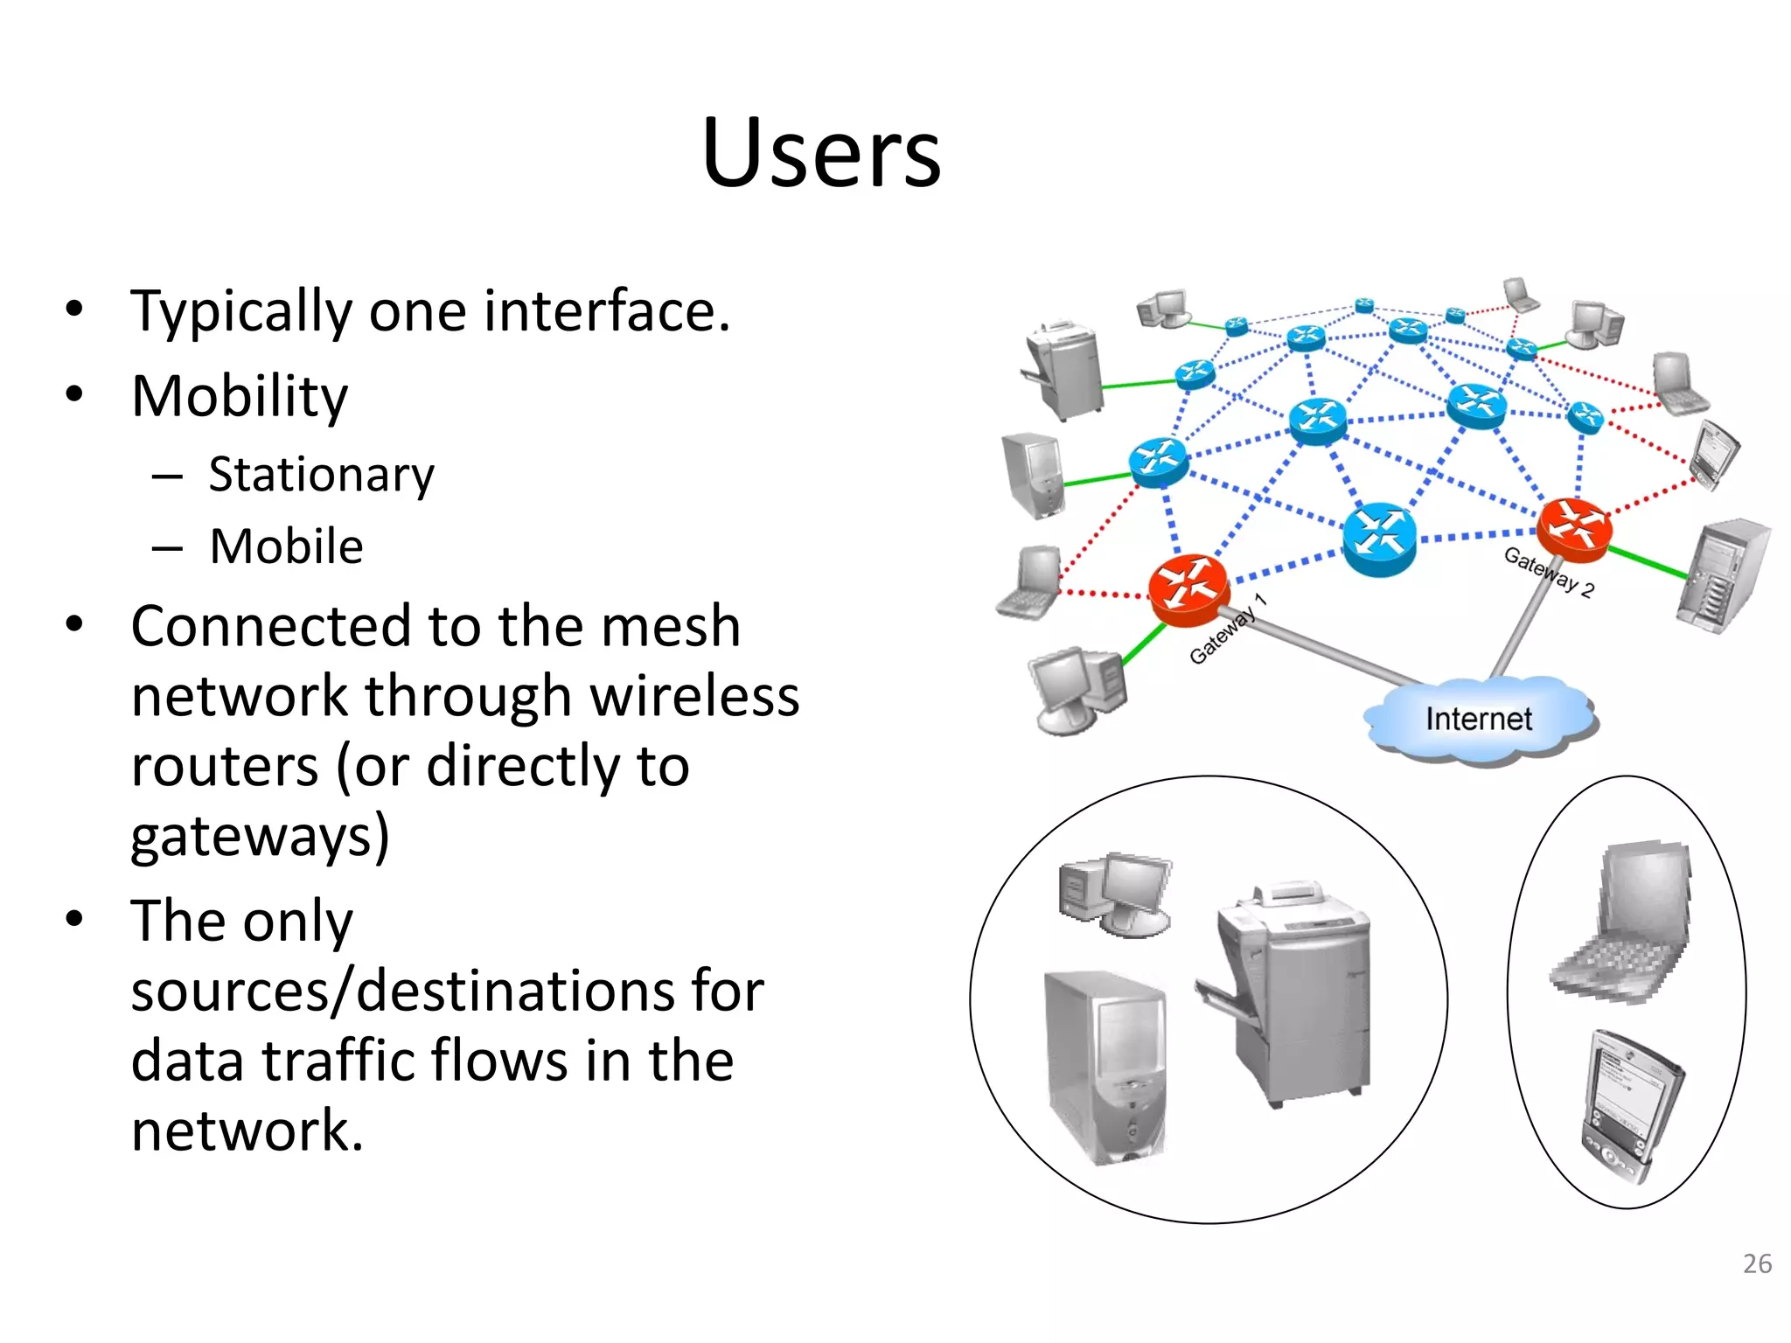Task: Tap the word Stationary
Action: (321, 476)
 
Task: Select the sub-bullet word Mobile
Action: (286, 547)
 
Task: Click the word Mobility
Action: (239, 396)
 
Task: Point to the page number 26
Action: (1756, 1263)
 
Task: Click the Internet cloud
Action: (1478, 720)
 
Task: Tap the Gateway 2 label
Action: (1548, 572)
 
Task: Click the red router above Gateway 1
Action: (1188, 588)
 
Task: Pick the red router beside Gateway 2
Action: (1574, 529)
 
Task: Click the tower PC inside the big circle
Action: (1105, 1067)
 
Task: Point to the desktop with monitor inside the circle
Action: (1116, 894)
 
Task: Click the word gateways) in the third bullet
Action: (260, 836)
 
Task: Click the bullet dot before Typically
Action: (74, 309)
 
